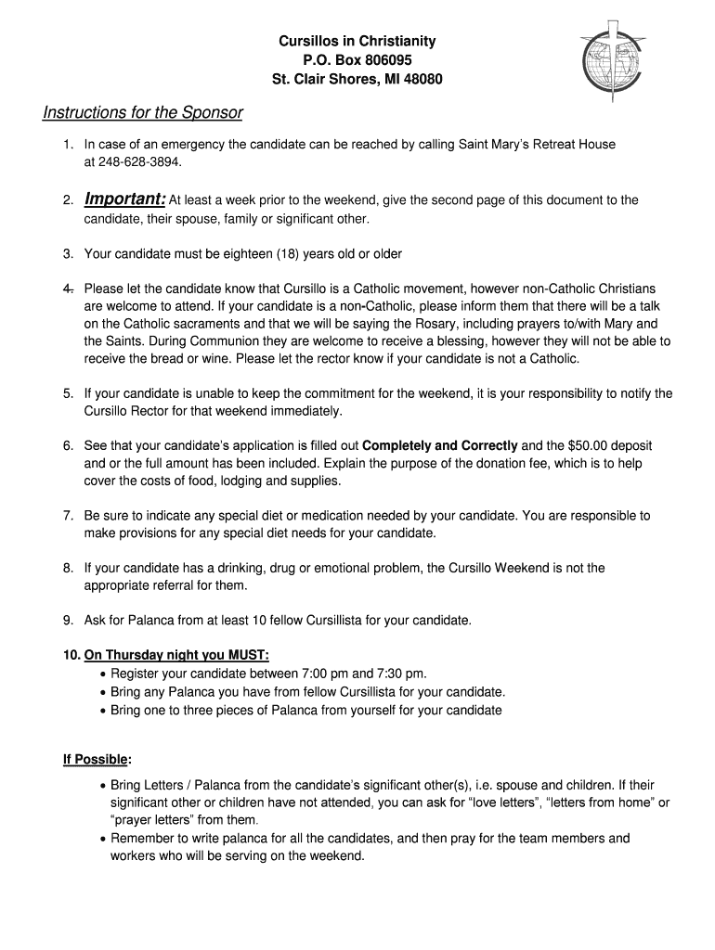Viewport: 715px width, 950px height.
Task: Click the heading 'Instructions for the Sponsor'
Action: tap(143, 112)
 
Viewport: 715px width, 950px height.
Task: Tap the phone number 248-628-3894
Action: tap(129, 161)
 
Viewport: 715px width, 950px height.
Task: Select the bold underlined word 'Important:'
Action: tap(125, 199)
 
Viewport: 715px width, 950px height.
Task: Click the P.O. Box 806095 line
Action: tap(357, 60)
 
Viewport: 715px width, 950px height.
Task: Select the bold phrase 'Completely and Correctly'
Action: tap(440, 446)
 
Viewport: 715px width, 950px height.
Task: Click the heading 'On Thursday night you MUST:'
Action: tap(176, 655)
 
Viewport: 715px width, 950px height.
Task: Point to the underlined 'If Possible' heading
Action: tap(95, 760)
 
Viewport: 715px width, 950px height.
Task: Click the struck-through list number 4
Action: tap(69, 289)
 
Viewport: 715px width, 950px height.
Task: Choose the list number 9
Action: tap(69, 620)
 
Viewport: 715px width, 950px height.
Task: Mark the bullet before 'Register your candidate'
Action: tap(102, 674)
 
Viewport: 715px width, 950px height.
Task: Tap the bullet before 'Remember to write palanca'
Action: tap(102, 839)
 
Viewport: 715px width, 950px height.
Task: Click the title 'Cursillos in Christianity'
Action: tap(357, 42)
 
